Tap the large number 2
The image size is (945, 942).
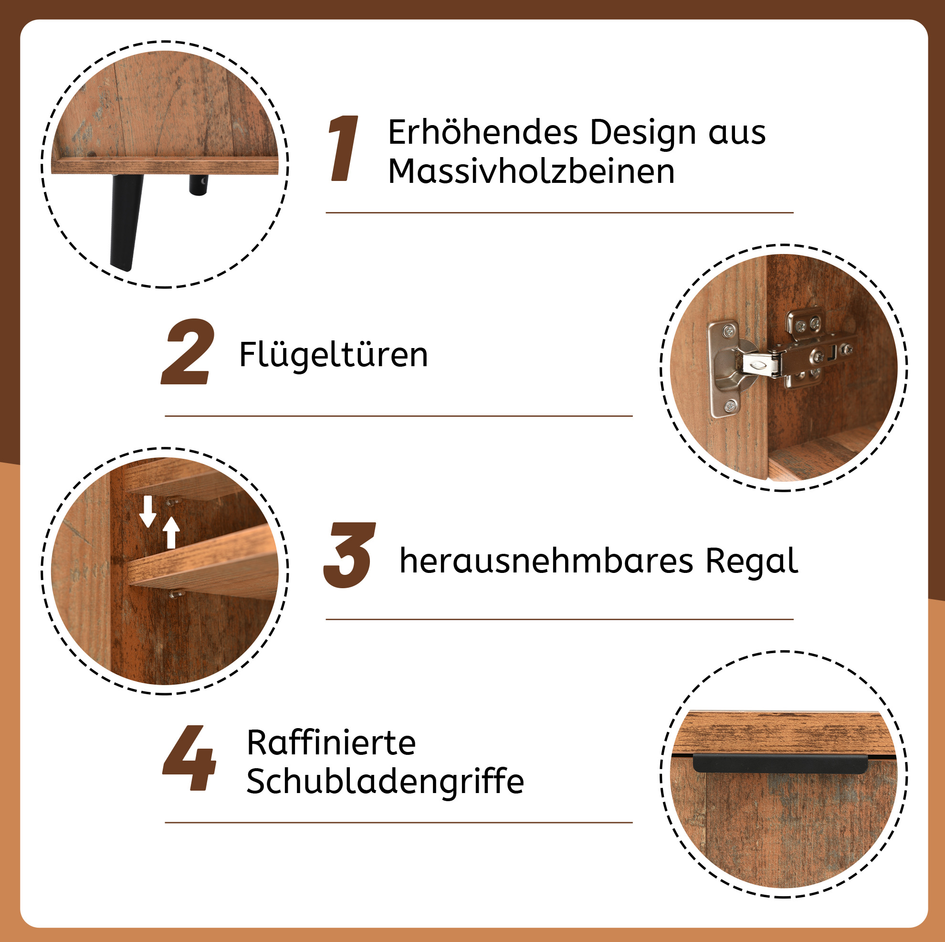click(x=188, y=351)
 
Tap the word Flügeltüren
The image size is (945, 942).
click(x=334, y=354)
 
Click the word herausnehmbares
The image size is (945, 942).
click(x=546, y=561)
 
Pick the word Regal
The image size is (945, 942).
click(x=752, y=562)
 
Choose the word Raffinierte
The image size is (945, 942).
click(x=331, y=742)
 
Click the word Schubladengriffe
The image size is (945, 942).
click(x=385, y=782)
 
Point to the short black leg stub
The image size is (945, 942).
click(x=198, y=185)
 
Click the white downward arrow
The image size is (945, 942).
click(x=147, y=511)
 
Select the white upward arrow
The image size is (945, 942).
click(x=171, y=533)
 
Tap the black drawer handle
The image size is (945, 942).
click(x=781, y=763)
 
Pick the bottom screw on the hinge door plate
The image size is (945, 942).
click(x=731, y=405)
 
